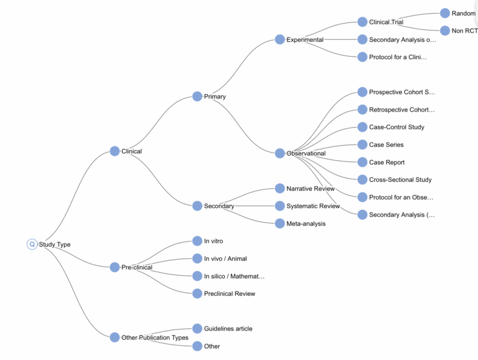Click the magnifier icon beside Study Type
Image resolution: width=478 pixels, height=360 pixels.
[32, 245]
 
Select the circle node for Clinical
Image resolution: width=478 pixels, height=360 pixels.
[115, 151]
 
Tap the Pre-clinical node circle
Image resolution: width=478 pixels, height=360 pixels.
[115, 267]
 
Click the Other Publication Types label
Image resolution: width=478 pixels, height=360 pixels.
[155, 338]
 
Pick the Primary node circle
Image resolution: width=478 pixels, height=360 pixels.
[197, 97]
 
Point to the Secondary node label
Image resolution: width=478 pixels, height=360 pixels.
[219, 206]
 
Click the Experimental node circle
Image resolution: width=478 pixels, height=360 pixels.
[280, 40]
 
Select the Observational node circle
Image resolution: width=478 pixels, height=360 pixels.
[280, 153]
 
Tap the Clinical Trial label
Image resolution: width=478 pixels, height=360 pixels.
[386, 22]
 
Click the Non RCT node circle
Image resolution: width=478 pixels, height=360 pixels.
[445, 31]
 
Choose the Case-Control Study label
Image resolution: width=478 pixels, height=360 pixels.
[396, 127]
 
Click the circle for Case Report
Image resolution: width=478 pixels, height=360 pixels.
[362, 162]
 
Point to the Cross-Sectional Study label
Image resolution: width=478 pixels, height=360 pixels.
[400, 180]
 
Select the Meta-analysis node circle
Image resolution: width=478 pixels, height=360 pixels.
[280, 224]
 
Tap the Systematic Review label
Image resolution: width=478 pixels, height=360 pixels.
[313, 206]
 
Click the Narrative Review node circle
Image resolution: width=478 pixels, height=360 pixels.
[280, 188]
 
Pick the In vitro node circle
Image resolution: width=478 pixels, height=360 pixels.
[197, 241]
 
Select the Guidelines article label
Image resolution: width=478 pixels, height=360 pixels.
[228, 329]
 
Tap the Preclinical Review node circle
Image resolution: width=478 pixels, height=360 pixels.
[197, 293]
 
